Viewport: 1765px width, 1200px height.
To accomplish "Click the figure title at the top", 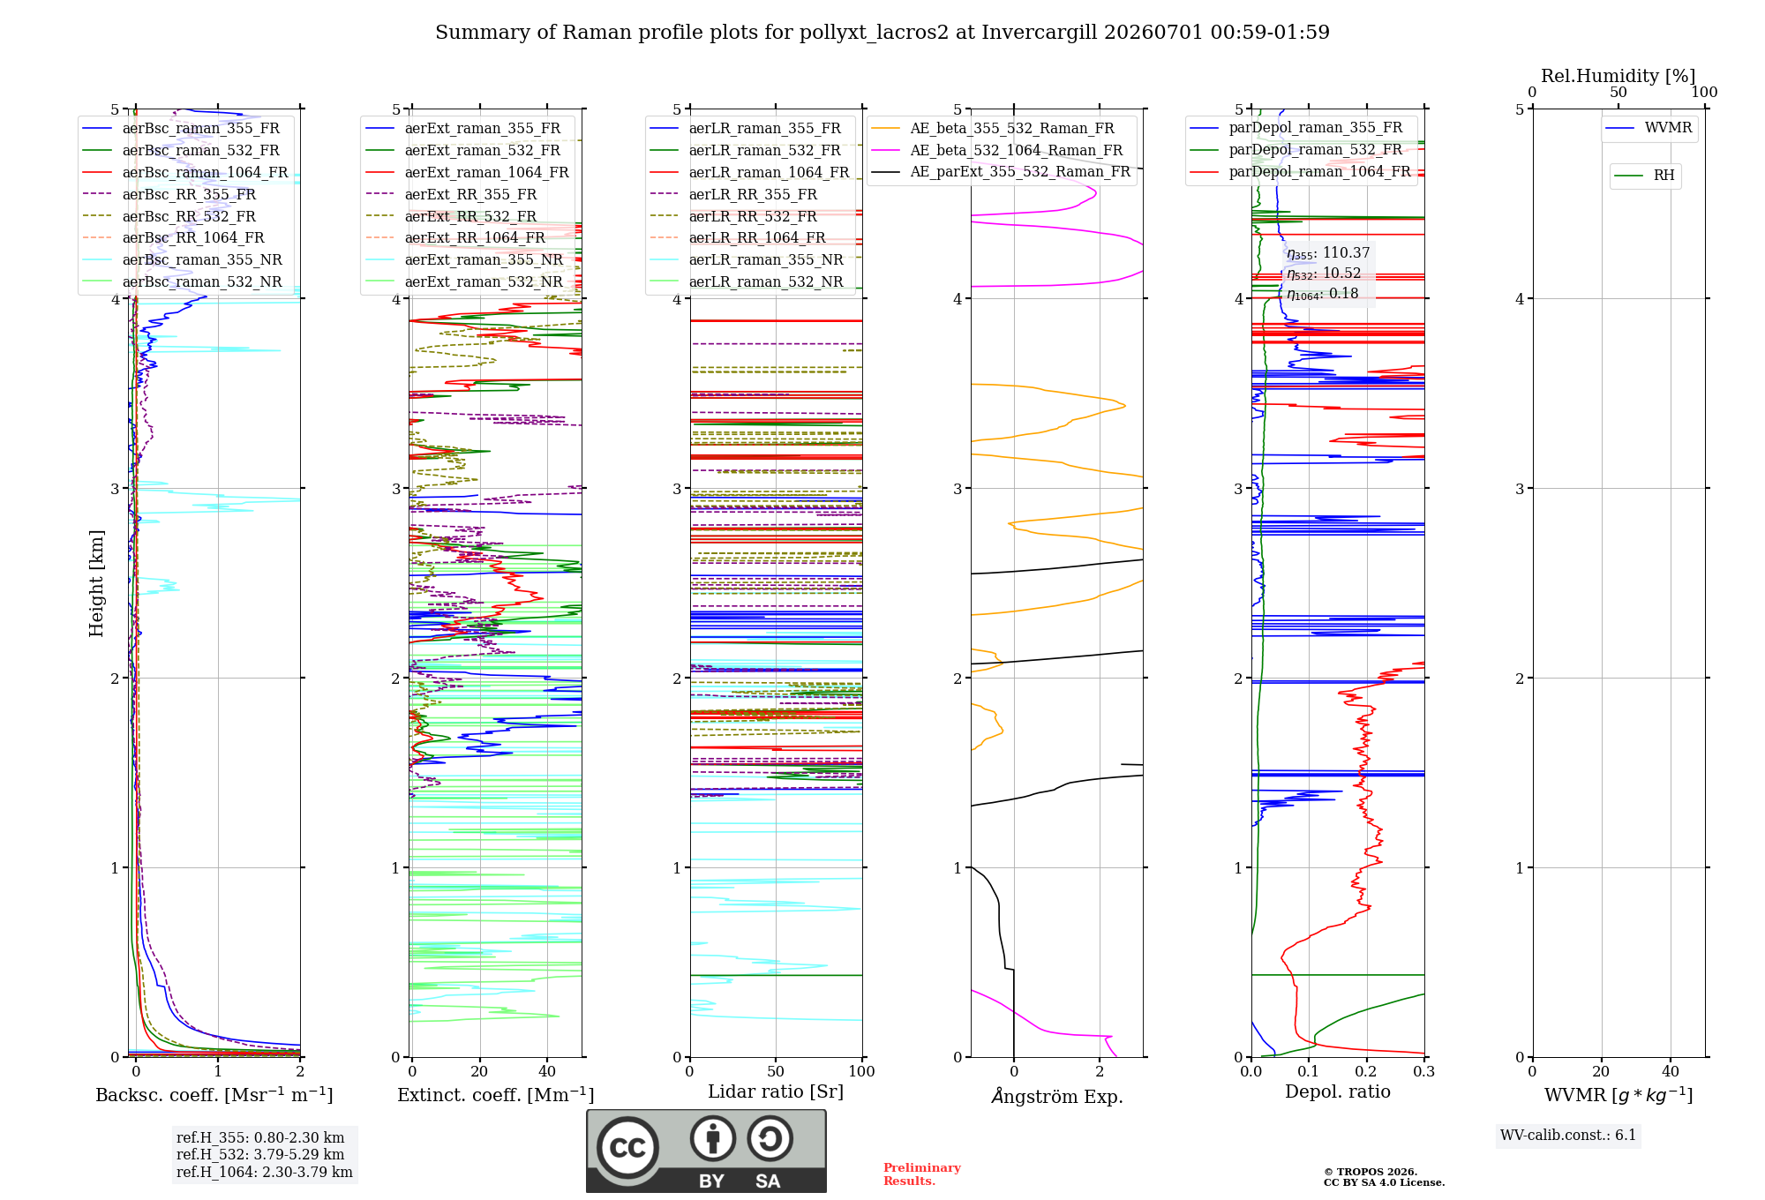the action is click(x=882, y=33).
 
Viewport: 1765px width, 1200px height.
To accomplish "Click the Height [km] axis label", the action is click(x=96, y=583).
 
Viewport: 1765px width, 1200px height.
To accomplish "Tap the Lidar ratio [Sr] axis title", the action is click(x=776, y=1091).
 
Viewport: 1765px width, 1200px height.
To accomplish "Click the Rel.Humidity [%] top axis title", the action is click(x=1619, y=76).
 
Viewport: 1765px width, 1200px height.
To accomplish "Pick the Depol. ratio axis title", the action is click(x=1338, y=1091).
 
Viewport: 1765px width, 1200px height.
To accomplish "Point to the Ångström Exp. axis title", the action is click(x=1057, y=1096).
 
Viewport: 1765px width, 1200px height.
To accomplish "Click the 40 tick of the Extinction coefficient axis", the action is click(x=547, y=1071).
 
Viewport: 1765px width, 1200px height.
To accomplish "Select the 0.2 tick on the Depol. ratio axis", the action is click(x=1366, y=1071).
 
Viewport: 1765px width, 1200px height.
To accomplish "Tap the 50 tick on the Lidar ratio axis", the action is click(x=776, y=1071).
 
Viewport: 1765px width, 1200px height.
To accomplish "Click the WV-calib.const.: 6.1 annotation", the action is click(x=1568, y=1136).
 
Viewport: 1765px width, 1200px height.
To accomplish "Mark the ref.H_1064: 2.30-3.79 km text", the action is click(x=265, y=1172).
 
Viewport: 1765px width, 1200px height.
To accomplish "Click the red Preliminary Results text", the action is click(x=922, y=1174).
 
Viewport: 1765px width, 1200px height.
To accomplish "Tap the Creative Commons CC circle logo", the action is click(x=628, y=1148).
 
